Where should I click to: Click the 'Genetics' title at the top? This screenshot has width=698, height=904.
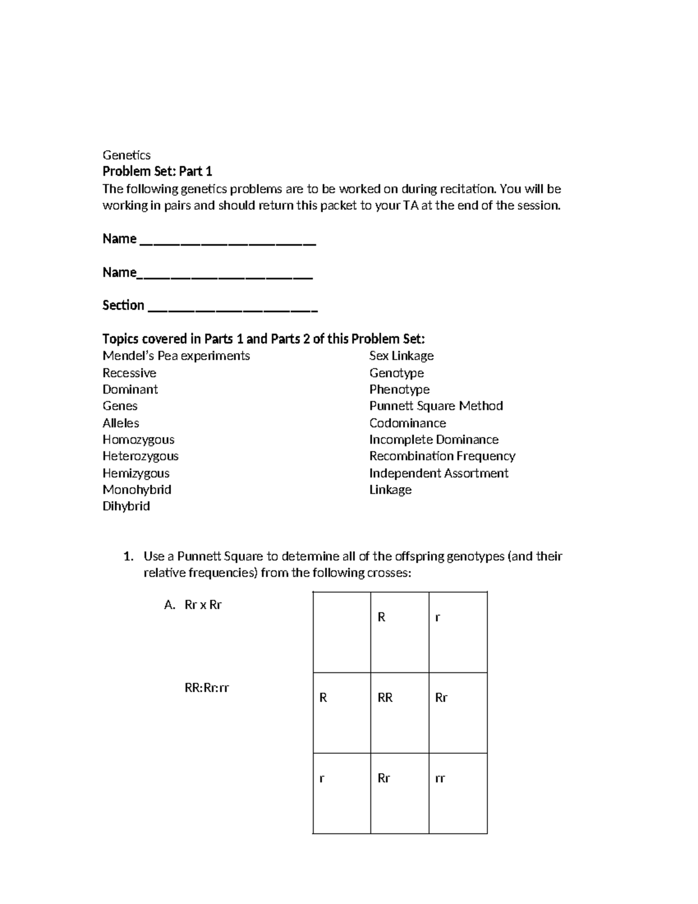pos(126,155)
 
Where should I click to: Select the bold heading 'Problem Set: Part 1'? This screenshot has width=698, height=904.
pos(157,172)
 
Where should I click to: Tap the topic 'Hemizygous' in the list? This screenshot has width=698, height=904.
pos(136,473)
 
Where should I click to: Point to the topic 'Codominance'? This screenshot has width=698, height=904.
pos(408,423)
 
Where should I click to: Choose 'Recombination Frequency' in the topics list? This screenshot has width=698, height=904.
pos(442,456)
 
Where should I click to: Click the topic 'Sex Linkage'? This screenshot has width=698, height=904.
pos(401,356)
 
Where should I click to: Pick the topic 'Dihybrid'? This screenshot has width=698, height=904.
pos(126,506)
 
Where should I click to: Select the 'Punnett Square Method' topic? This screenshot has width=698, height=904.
pos(436,406)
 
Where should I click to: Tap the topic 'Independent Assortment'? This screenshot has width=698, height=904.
pos(439,473)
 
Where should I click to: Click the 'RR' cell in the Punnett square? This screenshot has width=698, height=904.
pos(400,712)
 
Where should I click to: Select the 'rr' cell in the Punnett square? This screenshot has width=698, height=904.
pos(458,793)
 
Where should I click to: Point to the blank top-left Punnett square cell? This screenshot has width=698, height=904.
pos(342,632)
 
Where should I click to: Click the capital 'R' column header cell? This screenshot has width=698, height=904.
pos(400,632)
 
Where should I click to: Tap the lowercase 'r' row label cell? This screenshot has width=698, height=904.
pos(342,793)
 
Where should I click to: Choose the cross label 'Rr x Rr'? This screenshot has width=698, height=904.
pos(203,605)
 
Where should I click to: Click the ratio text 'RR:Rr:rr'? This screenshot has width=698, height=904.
pos(206,688)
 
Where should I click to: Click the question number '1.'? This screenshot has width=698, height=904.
pos(129,556)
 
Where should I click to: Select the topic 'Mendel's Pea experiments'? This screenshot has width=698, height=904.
pos(176,356)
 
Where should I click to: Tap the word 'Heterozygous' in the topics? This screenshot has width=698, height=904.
pos(140,456)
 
